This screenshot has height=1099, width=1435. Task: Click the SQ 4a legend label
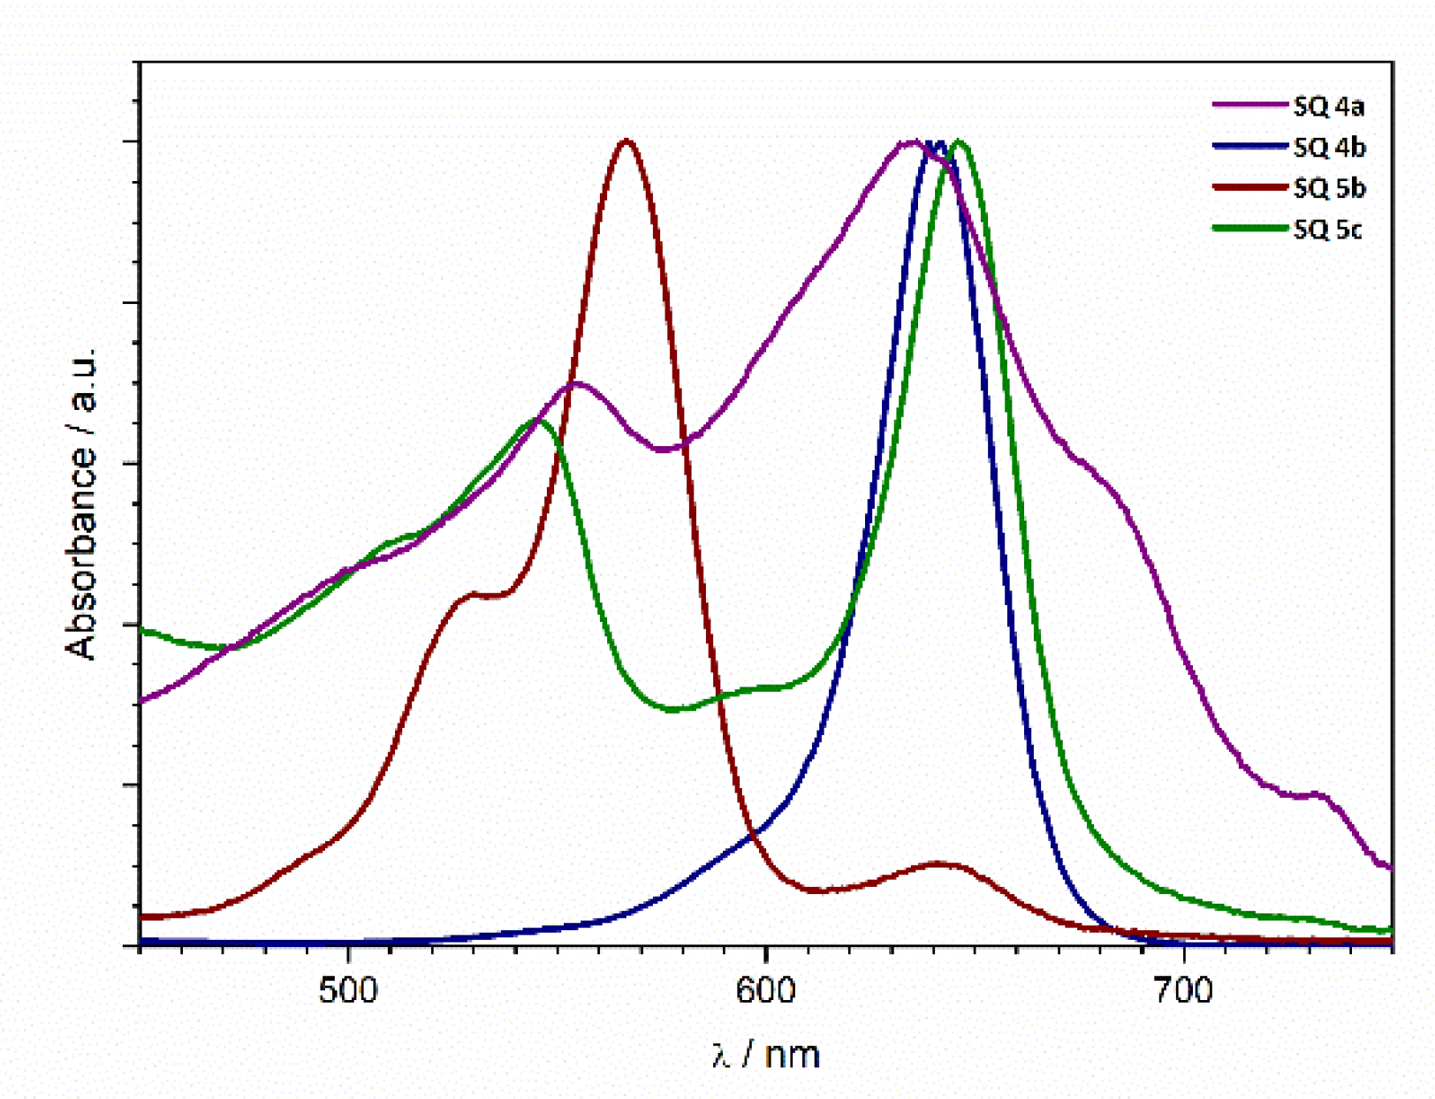[1328, 107]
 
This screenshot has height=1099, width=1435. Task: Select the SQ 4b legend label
[1329, 148]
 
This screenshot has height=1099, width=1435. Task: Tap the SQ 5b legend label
[1329, 188]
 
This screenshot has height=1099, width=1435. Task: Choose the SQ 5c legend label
[1327, 230]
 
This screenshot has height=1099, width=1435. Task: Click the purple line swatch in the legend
[1249, 104]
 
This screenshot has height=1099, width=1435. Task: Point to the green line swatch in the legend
[1249, 228]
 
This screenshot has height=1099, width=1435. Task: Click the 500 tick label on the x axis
[347, 990]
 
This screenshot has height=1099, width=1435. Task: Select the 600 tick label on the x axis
[765, 990]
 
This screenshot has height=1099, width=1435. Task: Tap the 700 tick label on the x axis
[1182, 990]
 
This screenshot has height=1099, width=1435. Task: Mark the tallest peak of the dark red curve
[626, 141]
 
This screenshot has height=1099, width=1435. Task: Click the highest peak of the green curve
[960, 142]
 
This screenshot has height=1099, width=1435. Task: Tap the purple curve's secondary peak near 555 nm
[576, 383]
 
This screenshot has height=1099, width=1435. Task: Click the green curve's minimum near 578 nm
[673, 709]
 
